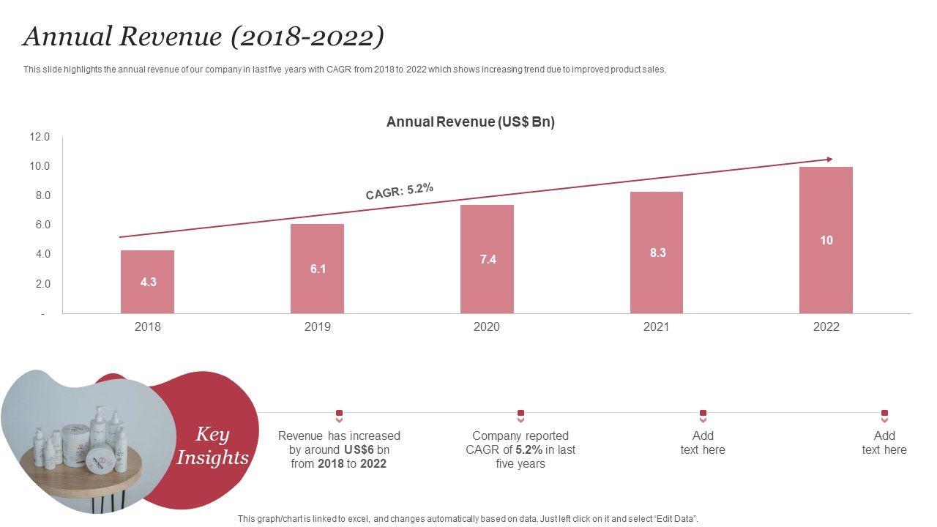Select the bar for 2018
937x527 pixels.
[147, 282]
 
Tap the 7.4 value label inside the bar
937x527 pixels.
[488, 259]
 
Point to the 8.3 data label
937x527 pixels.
[657, 253]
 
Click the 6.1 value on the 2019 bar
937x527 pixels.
[318, 269]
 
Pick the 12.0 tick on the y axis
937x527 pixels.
[40, 137]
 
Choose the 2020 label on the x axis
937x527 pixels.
[487, 326]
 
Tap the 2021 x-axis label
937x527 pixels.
[657, 326]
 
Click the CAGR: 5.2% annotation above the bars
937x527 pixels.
[400, 190]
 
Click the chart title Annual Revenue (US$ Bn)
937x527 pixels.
[471, 122]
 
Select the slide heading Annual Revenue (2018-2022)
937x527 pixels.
[204, 37]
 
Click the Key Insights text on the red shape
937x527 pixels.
[212, 446]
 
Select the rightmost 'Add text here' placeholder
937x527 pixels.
[884, 443]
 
